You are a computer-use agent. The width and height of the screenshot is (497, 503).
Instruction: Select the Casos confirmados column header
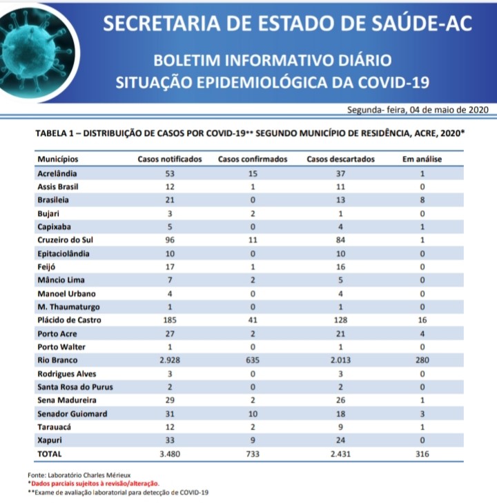click(x=253, y=159)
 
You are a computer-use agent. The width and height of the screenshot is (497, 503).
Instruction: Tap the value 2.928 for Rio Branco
click(x=170, y=360)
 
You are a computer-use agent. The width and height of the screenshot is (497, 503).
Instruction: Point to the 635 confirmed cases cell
click(x=253, y=360)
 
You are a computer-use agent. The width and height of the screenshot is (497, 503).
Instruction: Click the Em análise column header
click(x=422, y=159)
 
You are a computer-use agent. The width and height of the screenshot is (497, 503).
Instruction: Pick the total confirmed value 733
click(x=253, y=454)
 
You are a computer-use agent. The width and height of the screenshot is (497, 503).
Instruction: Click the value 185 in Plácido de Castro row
click(x=170, y=320)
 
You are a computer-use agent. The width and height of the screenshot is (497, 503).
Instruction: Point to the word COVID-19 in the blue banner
click(x=391, y=82)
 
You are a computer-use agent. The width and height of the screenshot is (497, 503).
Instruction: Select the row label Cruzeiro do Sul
click(x=65, y=240)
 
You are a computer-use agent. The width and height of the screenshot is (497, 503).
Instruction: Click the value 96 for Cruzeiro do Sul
click(x=170, y=240)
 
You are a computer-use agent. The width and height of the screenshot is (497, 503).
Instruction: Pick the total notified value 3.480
click(x=170, y=454)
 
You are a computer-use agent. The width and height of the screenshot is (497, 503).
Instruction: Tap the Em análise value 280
click(x=422, y=360)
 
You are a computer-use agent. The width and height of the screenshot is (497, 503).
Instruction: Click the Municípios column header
click(x=58, y=159)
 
